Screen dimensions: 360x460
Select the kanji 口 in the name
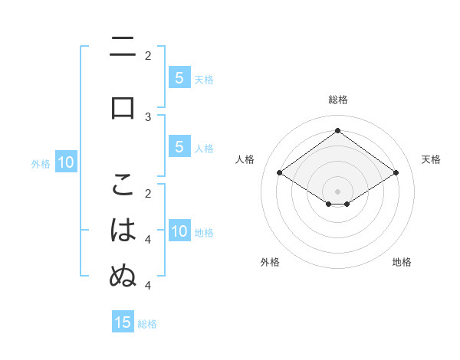tap(123, 106)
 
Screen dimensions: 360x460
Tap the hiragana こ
tap(123, 185)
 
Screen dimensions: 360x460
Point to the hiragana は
tap(123, 230)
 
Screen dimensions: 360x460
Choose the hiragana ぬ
tap(123, 275)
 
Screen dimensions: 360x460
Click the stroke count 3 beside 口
tap(148, 116)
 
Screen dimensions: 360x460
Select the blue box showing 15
tap(123, 322)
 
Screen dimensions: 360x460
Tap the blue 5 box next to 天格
tap(179, 78)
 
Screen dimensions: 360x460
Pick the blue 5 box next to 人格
tap(179, 148)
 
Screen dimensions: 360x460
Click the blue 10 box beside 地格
tap(179, 232)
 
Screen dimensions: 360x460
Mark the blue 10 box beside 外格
tap(66, 162)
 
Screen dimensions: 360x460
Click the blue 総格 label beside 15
tap(147, 324)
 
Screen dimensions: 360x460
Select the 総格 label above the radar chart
tap(337, 100)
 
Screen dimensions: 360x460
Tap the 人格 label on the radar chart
tap(245, 159)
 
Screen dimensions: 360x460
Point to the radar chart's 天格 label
tap(431, 159)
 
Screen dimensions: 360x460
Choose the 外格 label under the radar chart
tap(270, 262)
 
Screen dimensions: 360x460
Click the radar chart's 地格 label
tap(402, 262)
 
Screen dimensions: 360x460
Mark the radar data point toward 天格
tap(396, 173)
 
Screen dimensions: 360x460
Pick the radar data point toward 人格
tap(280, 173)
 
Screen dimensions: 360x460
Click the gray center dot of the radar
tap(337, 191)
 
